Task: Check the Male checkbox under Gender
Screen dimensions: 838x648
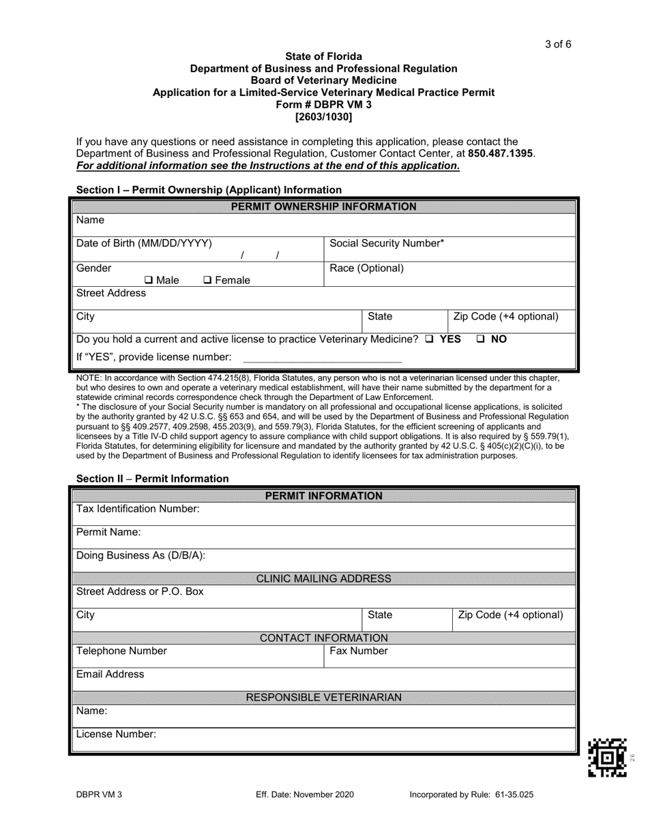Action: coord(149,280)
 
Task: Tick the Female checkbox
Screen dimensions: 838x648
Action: coord(208,280)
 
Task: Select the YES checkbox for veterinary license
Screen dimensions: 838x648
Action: coord(429,339)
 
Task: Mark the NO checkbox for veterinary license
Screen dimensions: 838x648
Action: coord(480,339)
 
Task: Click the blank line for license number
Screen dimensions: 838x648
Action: coord(322,357)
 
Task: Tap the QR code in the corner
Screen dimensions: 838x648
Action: coord(606,758)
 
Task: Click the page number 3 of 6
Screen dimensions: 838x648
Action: coord(558,45)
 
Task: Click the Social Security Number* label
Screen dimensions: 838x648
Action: coord(387,243)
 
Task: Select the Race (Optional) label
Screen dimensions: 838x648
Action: coord(366,268)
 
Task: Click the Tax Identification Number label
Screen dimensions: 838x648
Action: coord(138,509)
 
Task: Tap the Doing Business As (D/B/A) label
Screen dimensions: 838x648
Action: coord(141,555)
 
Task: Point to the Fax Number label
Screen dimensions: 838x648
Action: coord(359,651)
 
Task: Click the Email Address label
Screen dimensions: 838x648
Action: coord(111,674)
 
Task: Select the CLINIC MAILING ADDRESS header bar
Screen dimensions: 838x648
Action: coord(323,578)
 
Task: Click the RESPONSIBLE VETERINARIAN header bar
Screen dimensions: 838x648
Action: coord(323,698)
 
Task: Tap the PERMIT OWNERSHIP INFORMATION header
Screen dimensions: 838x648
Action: coord(323,206)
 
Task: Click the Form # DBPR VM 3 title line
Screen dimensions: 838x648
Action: coord(323,104)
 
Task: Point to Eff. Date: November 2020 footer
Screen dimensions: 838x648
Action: coord(304,794)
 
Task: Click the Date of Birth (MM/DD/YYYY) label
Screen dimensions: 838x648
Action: coord(144,243)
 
